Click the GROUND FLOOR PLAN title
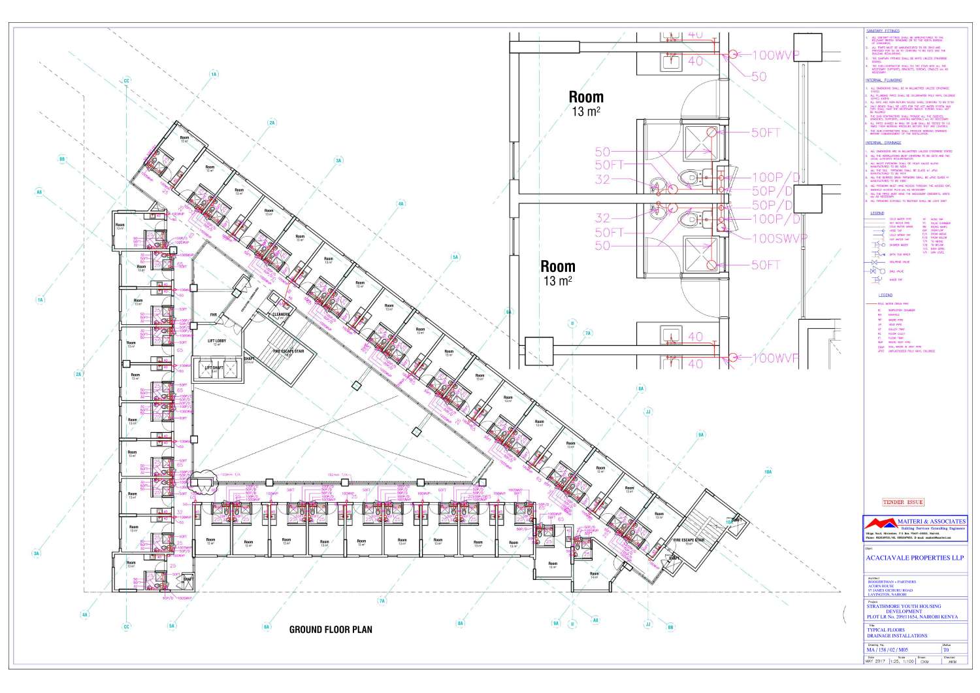tap(331, 630)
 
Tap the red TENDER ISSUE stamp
tap(903, 502)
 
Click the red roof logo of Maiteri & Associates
tap(879, 524)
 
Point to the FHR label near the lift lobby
tap(213, 315)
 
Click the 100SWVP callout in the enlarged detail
tap(779, 238)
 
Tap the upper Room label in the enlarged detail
tap(585, 98)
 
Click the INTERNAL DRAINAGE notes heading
tap(883, 143)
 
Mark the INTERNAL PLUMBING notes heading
tap(883, 80)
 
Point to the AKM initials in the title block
tap(953, 661)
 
